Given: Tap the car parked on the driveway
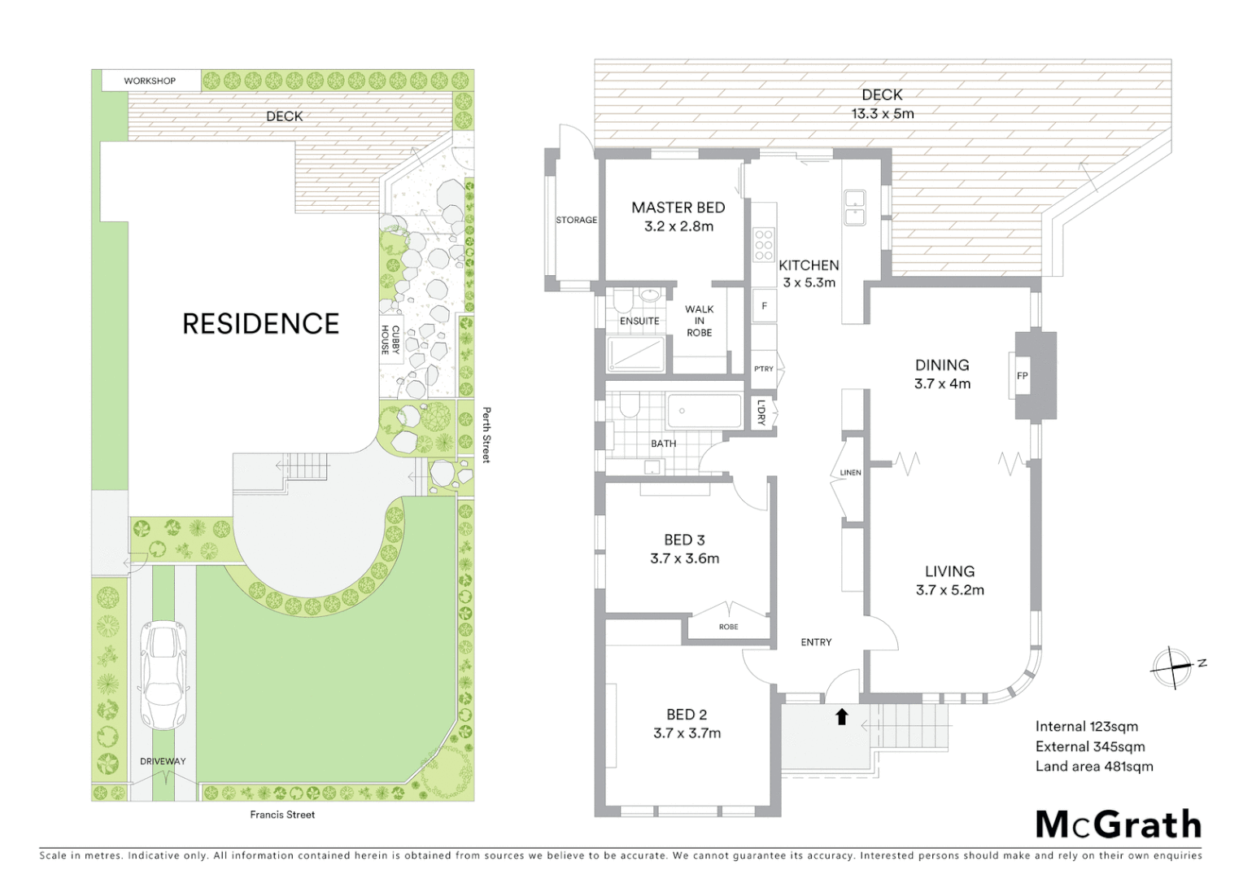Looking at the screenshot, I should click(x=161, y=675).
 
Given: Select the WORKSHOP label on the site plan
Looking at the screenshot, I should click(x=150, y=81).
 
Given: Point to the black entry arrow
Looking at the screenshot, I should click(x=842, y=716).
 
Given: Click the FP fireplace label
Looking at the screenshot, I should click(x=1023, y=376).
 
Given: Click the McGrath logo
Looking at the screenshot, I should click(x=1118, y=824).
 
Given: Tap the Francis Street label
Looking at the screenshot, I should click(x=282, y=814).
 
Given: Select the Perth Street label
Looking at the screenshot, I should click(x=486, y=435).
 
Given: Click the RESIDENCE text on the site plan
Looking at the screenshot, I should click(x=260, y=324).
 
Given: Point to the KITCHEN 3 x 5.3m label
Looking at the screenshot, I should click(x=809, y=273).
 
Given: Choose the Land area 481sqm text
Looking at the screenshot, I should click(x=1094, y=766).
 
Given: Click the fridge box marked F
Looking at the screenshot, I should click(x=764, y=307).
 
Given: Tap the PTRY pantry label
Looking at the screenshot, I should click(x=764, y=369).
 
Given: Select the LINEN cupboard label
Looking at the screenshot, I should click(x=850, y=472).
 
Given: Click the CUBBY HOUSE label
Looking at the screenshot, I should click(x=390, y=339).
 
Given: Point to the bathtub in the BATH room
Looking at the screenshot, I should click(x=704, y=411).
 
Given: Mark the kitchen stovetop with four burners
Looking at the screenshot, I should click(x=763, y=244).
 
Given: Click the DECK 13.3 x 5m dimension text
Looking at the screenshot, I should click(x=883, y=114).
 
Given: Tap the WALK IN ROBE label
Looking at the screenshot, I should click(x=699, y=321).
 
